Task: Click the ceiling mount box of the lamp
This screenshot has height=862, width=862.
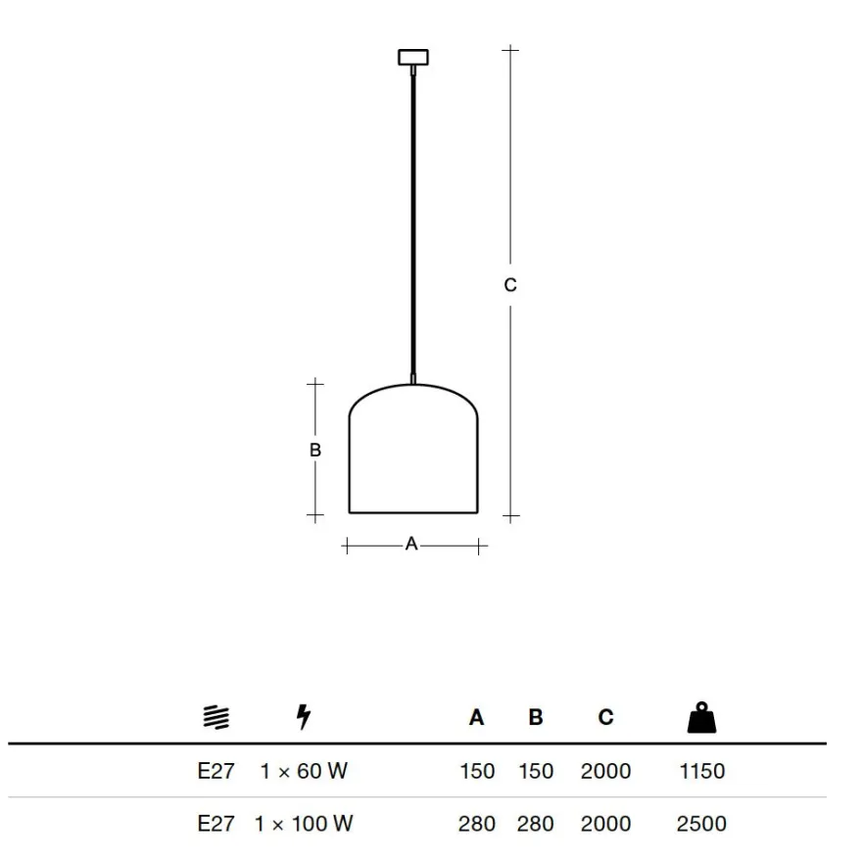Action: [413, 57]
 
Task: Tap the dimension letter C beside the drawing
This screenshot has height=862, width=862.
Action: [510, 285]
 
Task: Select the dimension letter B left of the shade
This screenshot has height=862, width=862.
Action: [315, 450]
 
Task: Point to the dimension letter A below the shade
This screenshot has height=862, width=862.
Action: [411, 544]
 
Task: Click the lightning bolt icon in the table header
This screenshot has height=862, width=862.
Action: [304, 716]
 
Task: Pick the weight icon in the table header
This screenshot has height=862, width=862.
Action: [702, 717]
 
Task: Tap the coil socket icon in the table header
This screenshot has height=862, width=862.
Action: [216, 717]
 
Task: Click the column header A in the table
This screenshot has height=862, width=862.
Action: [477, 717]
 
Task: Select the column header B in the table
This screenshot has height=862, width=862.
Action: [536, 717]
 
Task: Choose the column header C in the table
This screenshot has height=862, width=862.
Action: [605, 717]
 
